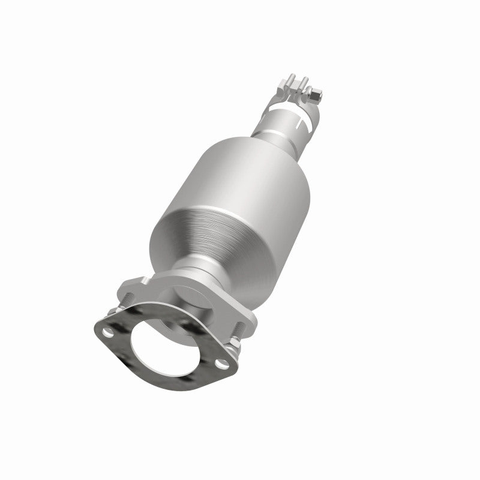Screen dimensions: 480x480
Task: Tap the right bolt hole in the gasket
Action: [223, 363]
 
